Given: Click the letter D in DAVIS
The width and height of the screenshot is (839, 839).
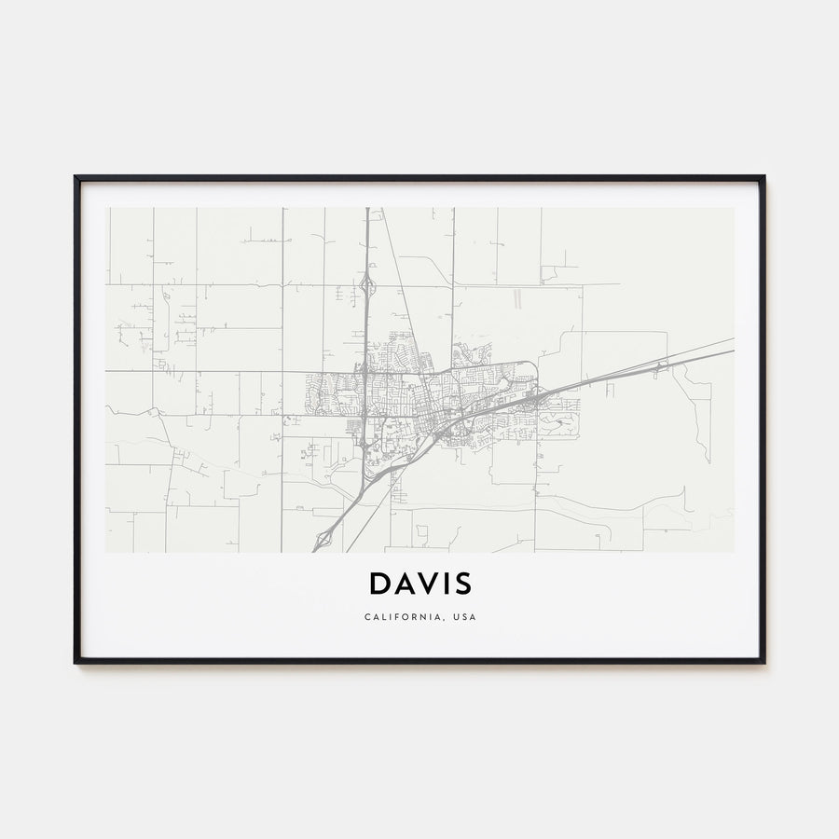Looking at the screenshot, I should [x=380, y=583].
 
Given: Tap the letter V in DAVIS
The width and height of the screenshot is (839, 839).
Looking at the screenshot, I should [x=430, y=583].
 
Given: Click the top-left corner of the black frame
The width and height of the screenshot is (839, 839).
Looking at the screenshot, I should [x=76, y=177].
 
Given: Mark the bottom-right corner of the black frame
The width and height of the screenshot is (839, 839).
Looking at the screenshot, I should [x=763, y=662].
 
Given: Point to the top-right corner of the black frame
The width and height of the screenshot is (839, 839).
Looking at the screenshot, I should [x=763, y=177].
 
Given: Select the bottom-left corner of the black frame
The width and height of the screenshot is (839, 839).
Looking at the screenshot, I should [x=76, y=662].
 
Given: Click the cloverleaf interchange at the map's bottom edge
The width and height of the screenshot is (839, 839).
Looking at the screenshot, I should [x=324, y=538].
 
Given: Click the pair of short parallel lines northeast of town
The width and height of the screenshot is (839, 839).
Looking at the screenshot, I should [x=515, y=298].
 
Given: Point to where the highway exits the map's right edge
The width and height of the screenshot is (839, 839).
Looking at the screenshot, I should [x=732, y=345].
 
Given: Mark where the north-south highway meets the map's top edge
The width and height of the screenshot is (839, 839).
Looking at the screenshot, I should [x=367, y=209].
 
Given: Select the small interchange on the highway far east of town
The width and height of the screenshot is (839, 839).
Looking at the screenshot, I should [x=659, y=366].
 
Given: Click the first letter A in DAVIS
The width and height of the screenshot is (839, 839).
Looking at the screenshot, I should [x=406, y=583].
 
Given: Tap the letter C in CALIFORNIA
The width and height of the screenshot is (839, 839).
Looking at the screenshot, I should [x=367, y=617].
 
